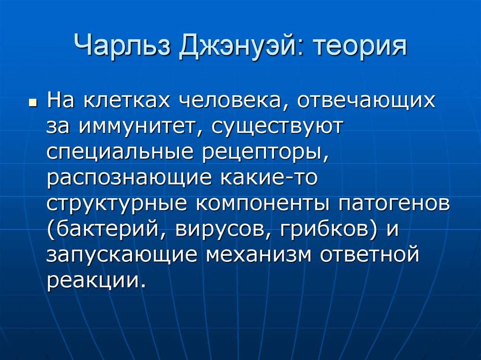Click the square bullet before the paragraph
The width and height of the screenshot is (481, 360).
point(32,102)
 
